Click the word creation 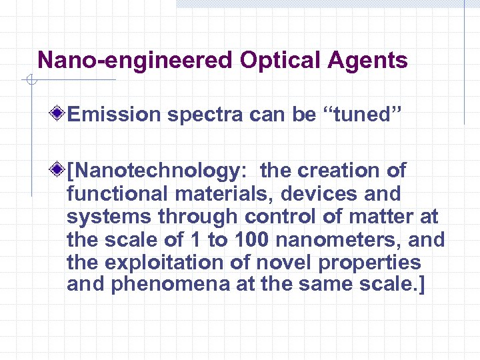[x=340, y=171]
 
